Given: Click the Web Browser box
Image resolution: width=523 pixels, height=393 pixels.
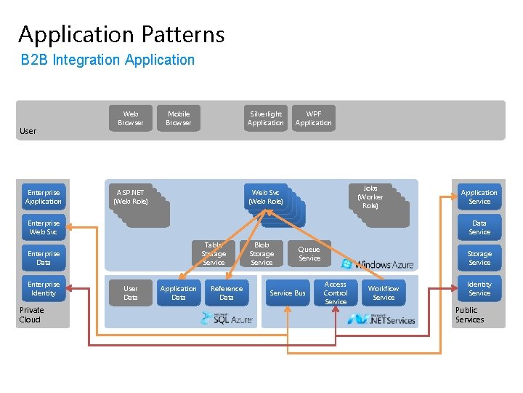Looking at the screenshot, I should pos(131,118).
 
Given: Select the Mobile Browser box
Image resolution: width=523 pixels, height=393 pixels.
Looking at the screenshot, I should pos(179,118).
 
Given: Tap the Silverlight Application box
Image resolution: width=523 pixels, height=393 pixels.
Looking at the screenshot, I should pos(266,118).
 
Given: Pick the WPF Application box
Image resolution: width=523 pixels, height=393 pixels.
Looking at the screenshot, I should pos(314,118).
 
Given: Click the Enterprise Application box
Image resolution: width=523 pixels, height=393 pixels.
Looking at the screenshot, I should pos(44,197).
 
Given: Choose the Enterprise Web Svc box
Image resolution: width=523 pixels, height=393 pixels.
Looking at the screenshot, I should pos(44,228).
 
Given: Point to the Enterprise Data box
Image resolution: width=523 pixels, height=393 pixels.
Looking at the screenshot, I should pos(44,258).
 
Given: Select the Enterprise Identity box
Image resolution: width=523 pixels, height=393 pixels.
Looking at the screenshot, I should pos(44,288).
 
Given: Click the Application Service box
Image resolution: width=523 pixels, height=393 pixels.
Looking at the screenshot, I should pos(479,197).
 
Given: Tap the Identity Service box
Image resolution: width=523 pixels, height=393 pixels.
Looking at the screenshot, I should pos(479,288).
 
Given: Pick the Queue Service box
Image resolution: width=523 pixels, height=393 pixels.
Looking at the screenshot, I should pos(309,253).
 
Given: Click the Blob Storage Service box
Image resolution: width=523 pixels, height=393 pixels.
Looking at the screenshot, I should pos(261,254).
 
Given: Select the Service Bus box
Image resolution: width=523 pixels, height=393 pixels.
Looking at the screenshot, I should pos(288,293).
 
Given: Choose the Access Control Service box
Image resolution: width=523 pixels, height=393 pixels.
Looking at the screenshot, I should pos(336,293).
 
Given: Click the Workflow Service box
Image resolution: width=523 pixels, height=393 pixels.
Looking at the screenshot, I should pos(384,293).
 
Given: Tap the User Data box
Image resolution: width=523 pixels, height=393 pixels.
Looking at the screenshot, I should pos(131,293).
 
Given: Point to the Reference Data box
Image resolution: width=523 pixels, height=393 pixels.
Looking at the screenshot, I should pos(227,293).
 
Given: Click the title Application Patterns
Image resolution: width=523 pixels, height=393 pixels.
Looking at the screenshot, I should pos(121,34).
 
